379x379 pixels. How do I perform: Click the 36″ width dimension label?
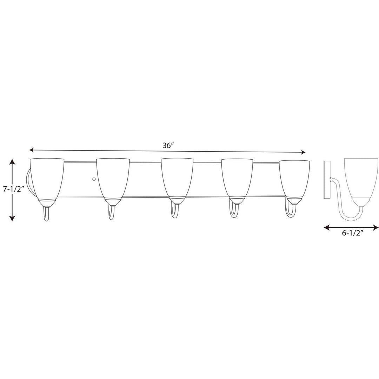168,145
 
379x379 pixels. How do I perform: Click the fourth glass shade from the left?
237,178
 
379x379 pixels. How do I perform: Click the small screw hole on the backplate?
93,179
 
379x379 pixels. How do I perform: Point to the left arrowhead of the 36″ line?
32,150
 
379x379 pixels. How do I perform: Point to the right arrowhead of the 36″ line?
303,152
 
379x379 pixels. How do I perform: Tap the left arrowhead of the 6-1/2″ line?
326,228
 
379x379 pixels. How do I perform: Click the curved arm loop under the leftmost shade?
46,214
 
